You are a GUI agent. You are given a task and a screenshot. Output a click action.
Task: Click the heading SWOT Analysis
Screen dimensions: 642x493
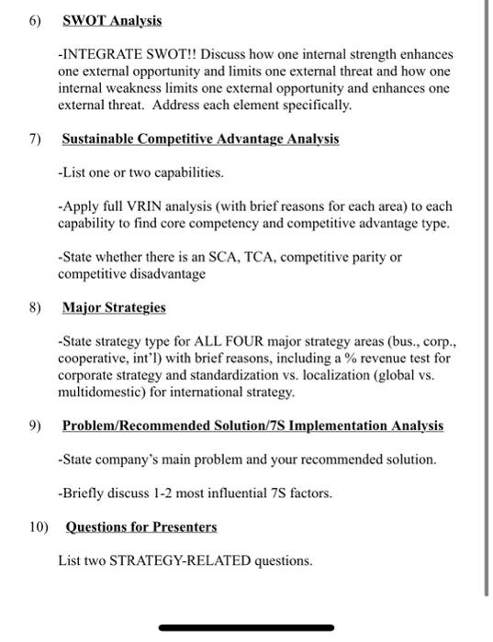click(111, 20)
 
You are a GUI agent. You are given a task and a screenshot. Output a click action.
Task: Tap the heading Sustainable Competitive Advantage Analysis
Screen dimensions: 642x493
click(200, 139)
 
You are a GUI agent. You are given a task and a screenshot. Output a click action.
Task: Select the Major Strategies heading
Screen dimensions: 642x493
click(114, 307)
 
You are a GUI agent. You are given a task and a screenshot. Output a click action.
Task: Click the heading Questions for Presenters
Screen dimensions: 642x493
click(141, 526)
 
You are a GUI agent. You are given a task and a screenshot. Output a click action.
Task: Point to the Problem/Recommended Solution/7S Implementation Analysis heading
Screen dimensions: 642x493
click(252, 426)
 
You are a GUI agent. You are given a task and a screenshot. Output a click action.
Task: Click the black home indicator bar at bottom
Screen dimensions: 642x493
click(246, 628)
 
